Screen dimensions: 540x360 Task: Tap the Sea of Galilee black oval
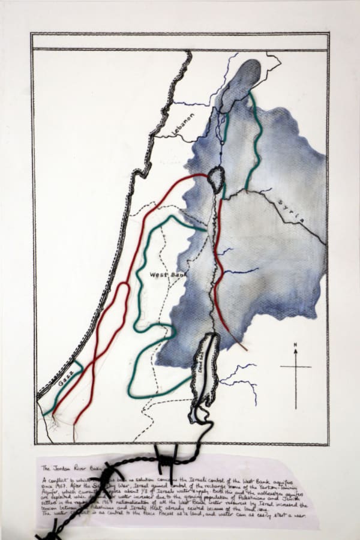pyautogui.click(x=215, y=178)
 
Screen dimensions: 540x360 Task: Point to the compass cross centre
pyautogui.click(x=295, y=367)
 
